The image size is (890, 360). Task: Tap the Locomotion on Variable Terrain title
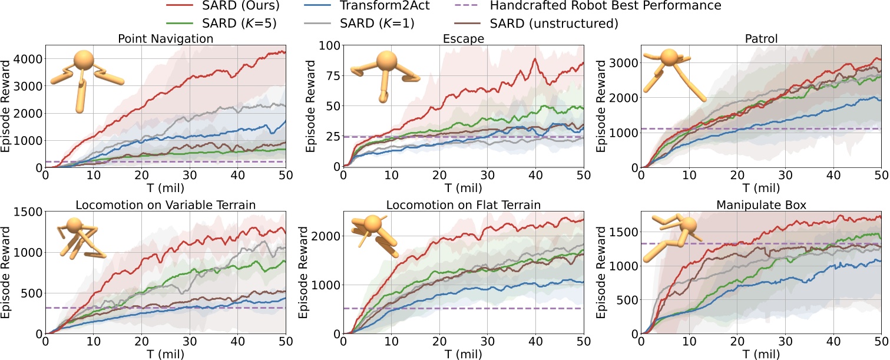click(165, 204)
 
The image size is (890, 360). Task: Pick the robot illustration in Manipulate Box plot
click(671, 236)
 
